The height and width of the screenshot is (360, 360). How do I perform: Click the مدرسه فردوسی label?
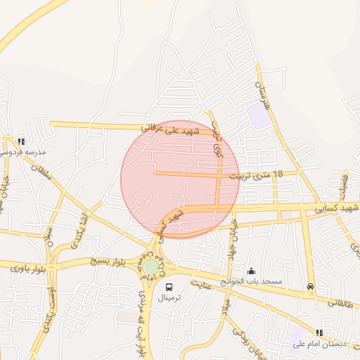(26, 152)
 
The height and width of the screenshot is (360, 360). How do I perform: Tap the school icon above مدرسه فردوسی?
(21, 141)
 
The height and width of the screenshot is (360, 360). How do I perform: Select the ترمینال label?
(169, 298)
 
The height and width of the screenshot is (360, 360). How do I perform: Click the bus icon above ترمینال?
(169, 287)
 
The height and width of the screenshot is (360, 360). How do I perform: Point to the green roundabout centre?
(151, 267)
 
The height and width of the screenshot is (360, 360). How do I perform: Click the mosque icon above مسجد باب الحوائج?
(252, 271)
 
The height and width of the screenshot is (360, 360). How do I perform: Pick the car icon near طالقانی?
(310, 286)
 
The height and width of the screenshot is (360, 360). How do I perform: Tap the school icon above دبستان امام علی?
(319, 333)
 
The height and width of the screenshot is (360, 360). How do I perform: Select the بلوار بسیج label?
(110, 262)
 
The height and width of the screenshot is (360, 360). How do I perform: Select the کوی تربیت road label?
(217, 141)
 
